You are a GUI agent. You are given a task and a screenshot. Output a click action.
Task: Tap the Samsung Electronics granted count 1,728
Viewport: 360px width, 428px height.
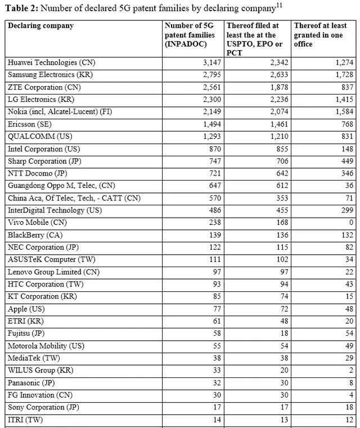[x=341, y=75]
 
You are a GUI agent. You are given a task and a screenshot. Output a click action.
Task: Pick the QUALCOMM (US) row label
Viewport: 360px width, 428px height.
[x=40, y=136]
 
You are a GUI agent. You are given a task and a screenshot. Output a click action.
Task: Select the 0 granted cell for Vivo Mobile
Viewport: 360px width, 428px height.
[x=351, y=222]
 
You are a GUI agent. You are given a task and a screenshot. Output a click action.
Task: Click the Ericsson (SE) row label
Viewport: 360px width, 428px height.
[x=30, y=124]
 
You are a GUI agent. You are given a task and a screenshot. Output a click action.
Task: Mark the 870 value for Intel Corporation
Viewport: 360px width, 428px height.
[x=214, y=148]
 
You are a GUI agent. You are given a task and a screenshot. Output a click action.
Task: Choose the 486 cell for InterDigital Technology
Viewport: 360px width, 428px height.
[x=214, y=210]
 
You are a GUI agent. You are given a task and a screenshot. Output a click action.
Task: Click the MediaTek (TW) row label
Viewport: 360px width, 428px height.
[x=33, y=358]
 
